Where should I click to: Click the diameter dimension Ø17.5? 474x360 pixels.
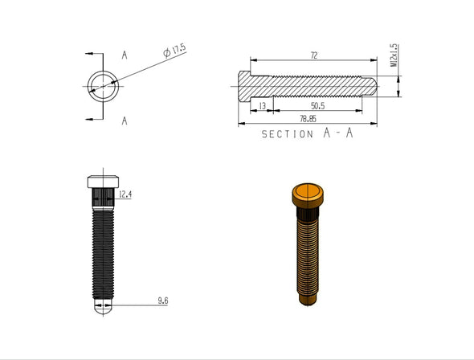coord(174,51)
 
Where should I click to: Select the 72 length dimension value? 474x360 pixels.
coord(313,55)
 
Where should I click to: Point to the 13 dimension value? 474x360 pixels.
coord(262,106)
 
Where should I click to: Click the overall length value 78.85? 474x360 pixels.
coord(306,119)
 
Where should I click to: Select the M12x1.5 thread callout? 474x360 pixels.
coord(393,57)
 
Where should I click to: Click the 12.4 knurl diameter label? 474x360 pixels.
coord(125,194)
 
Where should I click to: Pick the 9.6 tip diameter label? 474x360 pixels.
coord(162,301)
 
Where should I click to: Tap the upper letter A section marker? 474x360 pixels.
coord(125,55)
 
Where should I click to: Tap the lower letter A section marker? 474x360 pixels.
coord(125,121)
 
